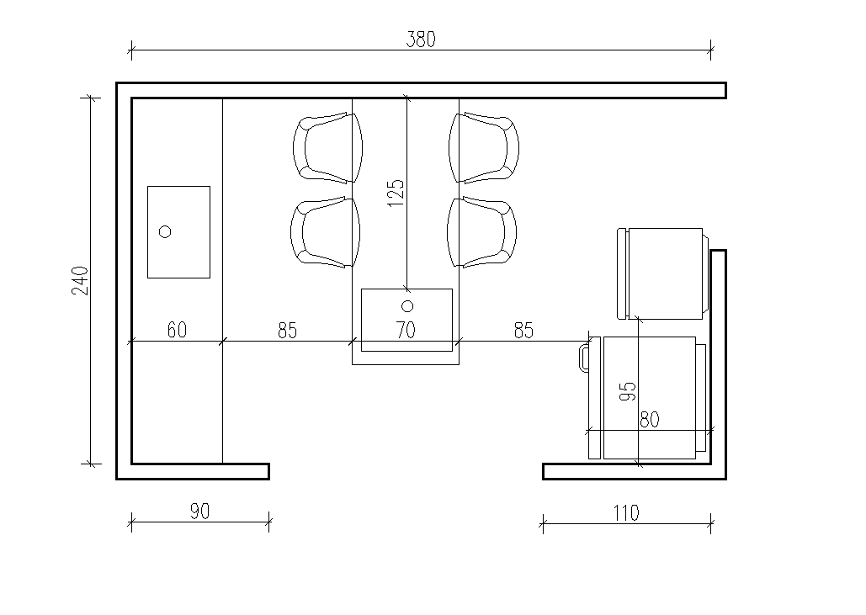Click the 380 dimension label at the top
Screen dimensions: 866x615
coord(421,40)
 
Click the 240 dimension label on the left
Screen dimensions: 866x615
coord(80,280)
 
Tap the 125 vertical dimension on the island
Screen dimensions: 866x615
coord(396,193)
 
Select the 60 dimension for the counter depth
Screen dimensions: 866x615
coord(177,330)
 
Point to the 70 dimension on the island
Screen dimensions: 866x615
coord(406,330)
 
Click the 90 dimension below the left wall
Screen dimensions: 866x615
coord(200,512)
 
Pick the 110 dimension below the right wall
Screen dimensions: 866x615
coord(626,513)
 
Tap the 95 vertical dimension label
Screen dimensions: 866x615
coord(628,391)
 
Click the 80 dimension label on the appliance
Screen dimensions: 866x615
coord(650,420)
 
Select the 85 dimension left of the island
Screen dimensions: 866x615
coord(287,330)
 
